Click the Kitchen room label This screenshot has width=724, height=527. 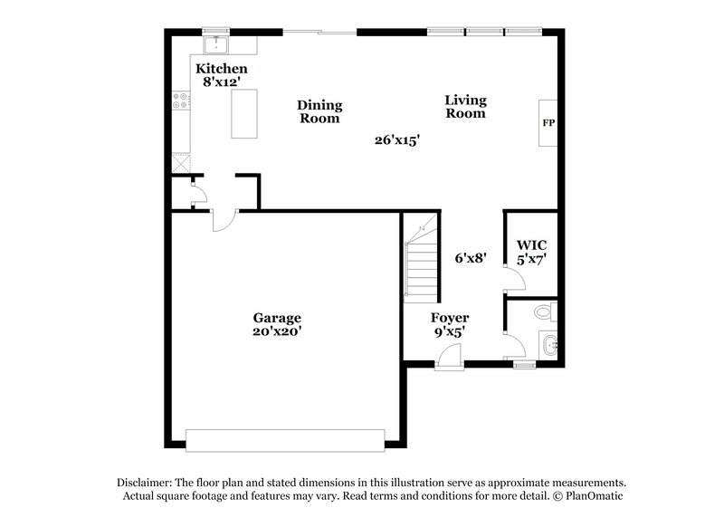(222, 69)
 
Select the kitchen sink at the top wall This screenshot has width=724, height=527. (215, 44)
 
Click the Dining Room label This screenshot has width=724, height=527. (319, 111)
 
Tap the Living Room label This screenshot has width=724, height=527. (465, 107)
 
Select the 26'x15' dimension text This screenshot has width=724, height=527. (398, 140)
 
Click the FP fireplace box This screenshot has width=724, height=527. (548, 122)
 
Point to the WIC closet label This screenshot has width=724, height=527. (531, 244)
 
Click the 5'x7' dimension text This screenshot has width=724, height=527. (531, 258)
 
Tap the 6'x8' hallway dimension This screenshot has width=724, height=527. (472, 257)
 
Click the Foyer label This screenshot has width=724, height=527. (449, 318)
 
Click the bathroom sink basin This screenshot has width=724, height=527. (549, 344)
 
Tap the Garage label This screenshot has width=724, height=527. (277, 318)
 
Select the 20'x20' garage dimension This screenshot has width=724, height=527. (277, 331)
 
